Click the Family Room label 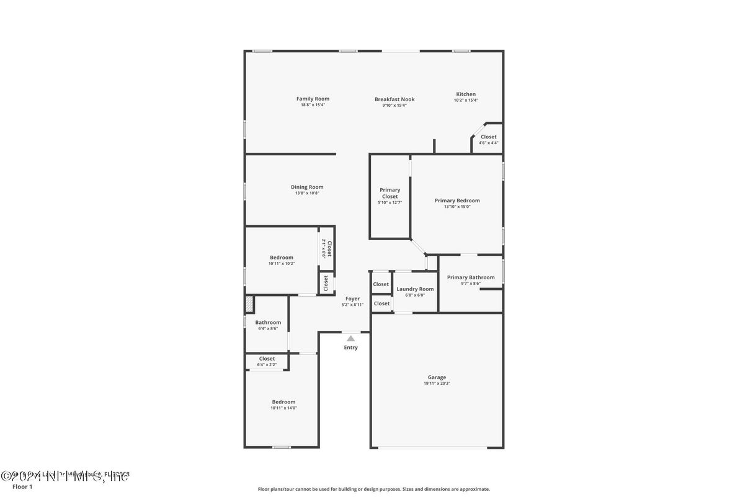tap(313, 99)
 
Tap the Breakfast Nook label tap(394, 99)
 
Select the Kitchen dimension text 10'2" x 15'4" tap(466, 101)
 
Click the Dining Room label tap(307, 187)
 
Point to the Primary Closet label tap(390, 193)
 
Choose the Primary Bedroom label tap(457, 200)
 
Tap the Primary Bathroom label tap(471, 277)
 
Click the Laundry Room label tap(415, 289)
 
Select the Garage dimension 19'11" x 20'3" tap(437, 384)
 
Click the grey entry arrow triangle tap(351, 338)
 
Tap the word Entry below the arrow tap(351, 348)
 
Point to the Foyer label tap(352, 299)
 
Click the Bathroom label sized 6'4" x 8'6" tap(268, 322)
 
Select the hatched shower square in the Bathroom tap(249, 303)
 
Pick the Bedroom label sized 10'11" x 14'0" tap(283, 402)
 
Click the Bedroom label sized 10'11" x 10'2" tap(282, 258)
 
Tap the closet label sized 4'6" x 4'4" tap(488, 137)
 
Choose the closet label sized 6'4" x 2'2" tap(267, 359)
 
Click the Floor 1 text tap(22, 487)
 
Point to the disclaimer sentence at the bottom tap(373, 489)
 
